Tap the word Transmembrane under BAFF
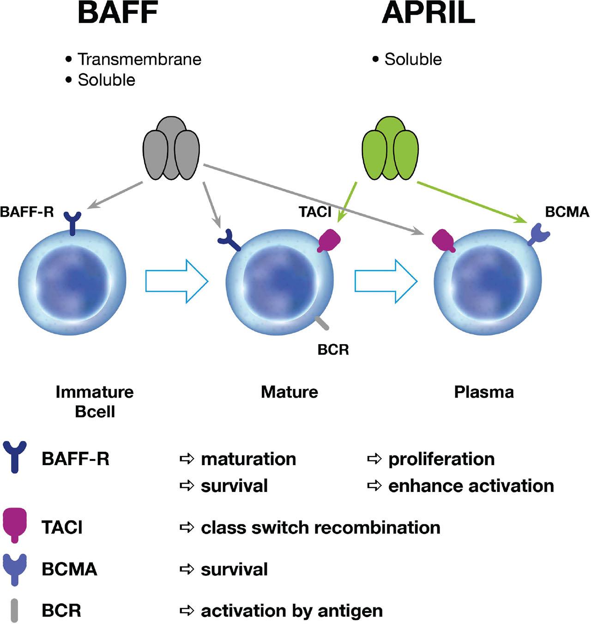[139, 60]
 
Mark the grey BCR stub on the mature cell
[322, 323]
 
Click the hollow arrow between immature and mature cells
[176, 281]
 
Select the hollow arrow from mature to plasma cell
[386, 281]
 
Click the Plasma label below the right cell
[483, 392]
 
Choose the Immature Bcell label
[95, 401]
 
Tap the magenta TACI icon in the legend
[15, 525]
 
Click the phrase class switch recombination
[320, 527]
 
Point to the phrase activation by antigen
[291, 611]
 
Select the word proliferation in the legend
[441, 459]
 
